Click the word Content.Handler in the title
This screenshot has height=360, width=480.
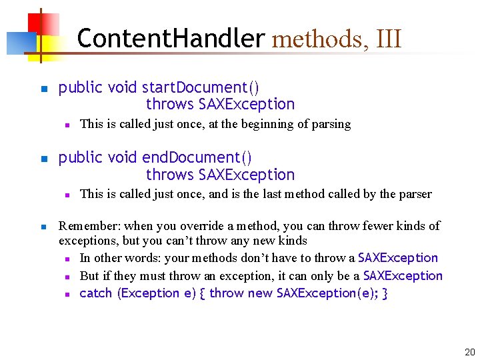pyautogui.click(x=171, y=39)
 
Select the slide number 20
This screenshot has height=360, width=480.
pyautogui.click(x=469, y=352)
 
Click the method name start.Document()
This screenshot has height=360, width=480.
pyautogui.click(x=201, y=87)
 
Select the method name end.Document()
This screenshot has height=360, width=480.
pyautogui.click(x=197, y=158)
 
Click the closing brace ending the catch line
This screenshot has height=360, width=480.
pyautogui.click(x=385, y=293)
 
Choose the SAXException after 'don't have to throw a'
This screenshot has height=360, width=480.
pyautogui.click(x=398, y=258)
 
